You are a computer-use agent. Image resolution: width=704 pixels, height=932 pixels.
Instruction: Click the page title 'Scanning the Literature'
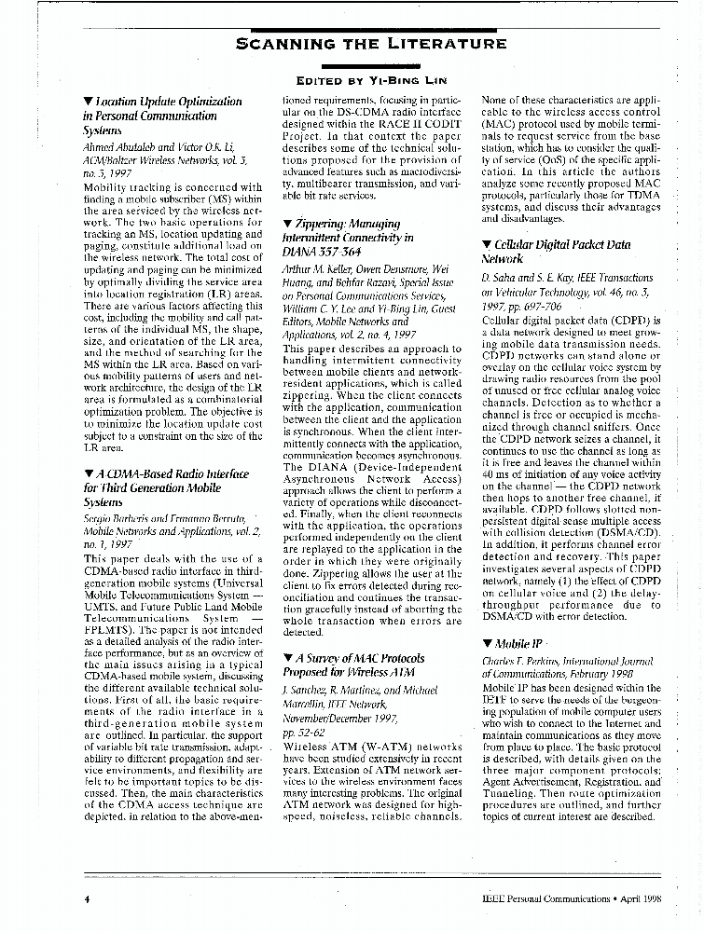coord(371,43)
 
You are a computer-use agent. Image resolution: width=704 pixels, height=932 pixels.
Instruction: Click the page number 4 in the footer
coord(86,899)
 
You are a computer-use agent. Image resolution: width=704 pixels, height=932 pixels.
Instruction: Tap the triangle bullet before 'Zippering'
coord(287,225)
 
